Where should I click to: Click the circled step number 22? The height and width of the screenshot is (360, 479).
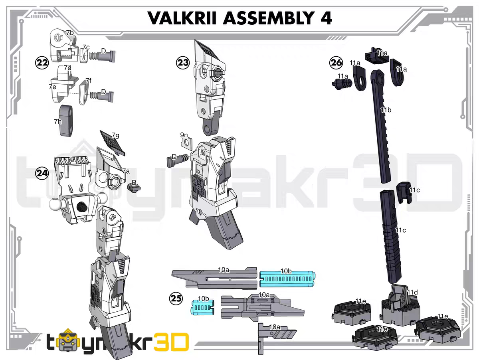click(42, 62)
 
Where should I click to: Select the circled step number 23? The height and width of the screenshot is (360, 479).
click(183, 63)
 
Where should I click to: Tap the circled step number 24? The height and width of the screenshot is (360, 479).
click(42, 173)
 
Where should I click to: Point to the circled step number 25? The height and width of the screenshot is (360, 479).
click(176, 298)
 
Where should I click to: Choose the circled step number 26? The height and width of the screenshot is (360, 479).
click(336, 63)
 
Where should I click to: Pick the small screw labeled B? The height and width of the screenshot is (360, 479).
click(132, 187)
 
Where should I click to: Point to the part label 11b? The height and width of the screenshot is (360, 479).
click(385, 110)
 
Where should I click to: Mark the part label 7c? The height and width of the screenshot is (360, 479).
click(86, 47)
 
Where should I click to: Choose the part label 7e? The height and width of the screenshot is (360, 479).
click(52, 87)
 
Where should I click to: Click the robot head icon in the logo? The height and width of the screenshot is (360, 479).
click(71, 342)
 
